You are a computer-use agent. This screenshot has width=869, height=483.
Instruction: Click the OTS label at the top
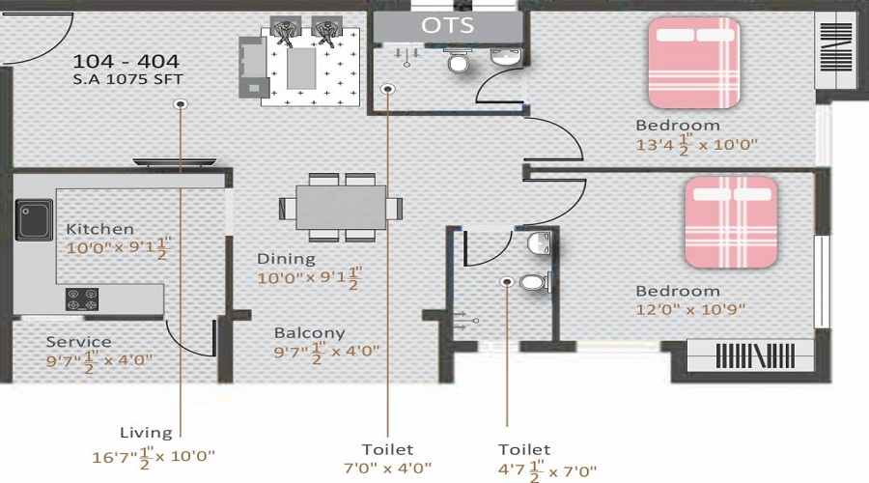pos(448,25)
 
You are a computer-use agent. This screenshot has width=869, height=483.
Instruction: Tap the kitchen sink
pos(34,219)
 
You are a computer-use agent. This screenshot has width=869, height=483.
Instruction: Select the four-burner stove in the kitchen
pos(84,299)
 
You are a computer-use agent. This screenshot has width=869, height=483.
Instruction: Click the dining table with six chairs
pos(341,208)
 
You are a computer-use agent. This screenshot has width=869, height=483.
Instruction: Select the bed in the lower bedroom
pos(731,221)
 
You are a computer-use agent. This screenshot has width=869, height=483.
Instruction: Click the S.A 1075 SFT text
pos(127,79)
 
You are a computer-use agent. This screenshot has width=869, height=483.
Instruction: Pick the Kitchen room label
pos(99,229)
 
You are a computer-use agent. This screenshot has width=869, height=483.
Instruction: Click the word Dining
pos(286,259)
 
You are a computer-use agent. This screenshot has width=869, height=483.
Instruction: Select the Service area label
pos(78,342)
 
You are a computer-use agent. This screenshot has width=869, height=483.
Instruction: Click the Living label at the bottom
pos(146,433)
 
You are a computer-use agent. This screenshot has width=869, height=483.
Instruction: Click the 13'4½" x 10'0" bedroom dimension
pos(696,145)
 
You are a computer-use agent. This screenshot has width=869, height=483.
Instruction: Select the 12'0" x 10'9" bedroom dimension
pos(690,310)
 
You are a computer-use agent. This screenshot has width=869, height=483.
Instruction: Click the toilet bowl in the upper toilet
pos(459,63)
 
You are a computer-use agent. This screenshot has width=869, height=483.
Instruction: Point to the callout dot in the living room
pos(180,103)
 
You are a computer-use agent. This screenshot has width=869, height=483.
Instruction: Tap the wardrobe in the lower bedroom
pos(749,355)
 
